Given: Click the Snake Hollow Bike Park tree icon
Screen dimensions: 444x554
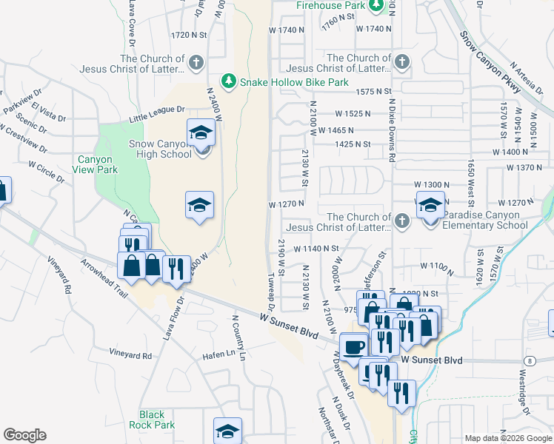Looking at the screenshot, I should click(x=230, y=81).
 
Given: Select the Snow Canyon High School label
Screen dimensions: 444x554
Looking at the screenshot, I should click(x=154, y=149).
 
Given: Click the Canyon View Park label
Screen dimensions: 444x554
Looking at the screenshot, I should click(x=96, y=164).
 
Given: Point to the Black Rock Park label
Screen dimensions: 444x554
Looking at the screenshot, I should click(x=157, y=420).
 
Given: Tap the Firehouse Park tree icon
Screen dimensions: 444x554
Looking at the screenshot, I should click(x=376, y=6).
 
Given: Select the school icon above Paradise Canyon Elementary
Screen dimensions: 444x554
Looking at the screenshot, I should click(x=430, y=206).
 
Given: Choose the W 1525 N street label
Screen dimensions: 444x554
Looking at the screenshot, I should click(x=353, y=114).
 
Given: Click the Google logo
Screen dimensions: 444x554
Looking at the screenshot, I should click(x=24, y=435).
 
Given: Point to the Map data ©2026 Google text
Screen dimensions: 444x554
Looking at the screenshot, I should click(x=507, y=438).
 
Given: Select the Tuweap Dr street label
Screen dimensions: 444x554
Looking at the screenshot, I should click(x=270, y=292).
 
